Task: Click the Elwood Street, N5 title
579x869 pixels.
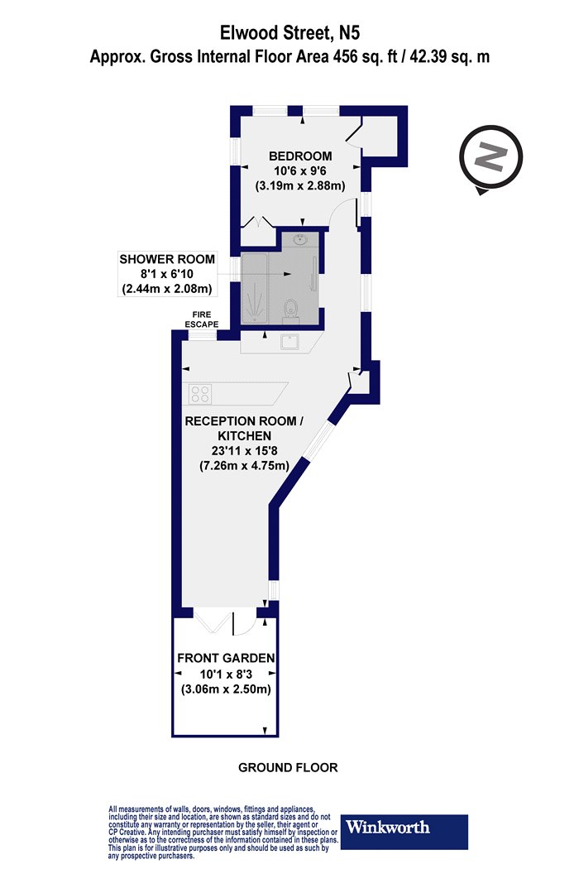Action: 289,33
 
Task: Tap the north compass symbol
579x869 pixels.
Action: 490,159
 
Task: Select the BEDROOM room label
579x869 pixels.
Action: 300,156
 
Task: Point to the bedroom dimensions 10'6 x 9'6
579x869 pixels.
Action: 299,171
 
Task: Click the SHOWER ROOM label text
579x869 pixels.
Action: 167,259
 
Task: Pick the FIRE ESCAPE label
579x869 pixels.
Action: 201,319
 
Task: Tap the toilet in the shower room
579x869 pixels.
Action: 290,311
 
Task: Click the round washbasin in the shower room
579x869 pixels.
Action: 299,240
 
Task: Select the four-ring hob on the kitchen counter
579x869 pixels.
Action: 200,394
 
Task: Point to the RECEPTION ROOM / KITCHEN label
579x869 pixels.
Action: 244,429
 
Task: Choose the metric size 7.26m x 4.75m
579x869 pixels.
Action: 244,465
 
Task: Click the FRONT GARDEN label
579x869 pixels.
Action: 226,659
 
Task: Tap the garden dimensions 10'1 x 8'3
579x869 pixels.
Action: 226,675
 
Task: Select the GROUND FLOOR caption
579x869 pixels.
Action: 288,767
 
